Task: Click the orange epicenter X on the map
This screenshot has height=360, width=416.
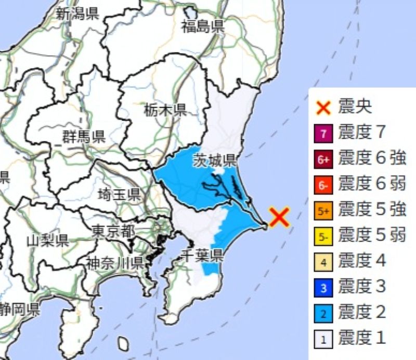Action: (x=279, y=217)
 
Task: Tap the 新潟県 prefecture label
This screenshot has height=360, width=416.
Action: (x=77, y=14)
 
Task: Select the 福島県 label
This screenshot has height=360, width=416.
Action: (x=203, y=26)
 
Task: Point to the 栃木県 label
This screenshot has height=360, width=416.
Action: (x=165, y=110)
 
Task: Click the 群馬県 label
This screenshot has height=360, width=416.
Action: (x=84, y=137)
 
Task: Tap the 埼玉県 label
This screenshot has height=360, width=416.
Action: (x=119, y=195)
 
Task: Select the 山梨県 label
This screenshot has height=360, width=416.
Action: (x=48, y=240)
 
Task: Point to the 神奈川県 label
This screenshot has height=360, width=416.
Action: (x=115, y=262)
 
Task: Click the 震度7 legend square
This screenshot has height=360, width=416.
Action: (x=323, y=134)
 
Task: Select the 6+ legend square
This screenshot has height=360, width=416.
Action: (x=323, y=159)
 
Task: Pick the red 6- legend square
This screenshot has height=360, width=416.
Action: (x=323, y=185)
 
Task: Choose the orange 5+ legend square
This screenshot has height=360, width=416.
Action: (x=323, y=210)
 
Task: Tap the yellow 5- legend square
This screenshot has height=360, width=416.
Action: (x=323, y=236)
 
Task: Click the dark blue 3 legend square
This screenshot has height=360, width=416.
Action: (x=323, y=287)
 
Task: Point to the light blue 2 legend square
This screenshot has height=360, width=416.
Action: (x=323, y=313)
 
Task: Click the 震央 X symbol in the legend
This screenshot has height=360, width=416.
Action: (x=323, y=108)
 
